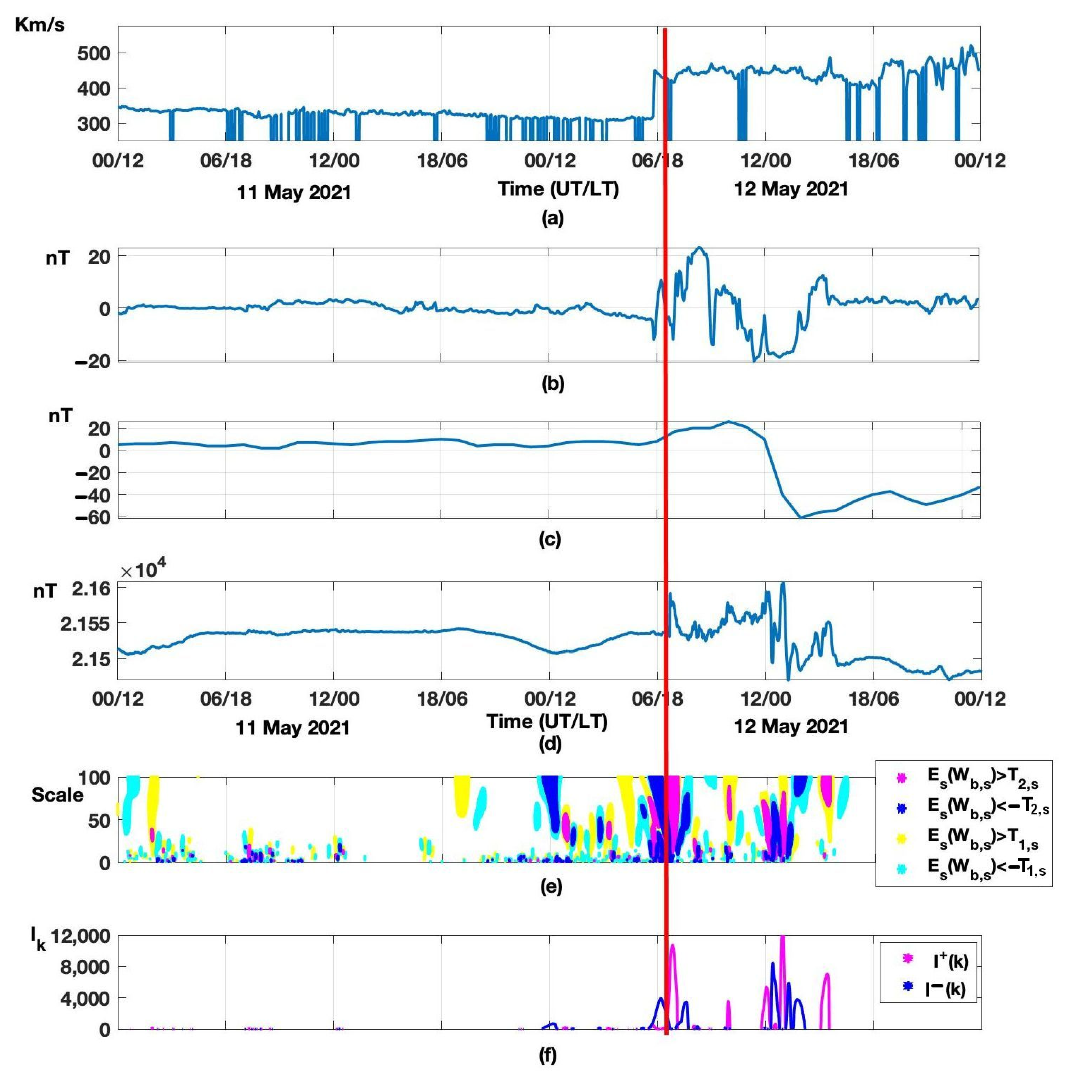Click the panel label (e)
click(551, 886)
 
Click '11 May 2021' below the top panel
click(294, 193)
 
